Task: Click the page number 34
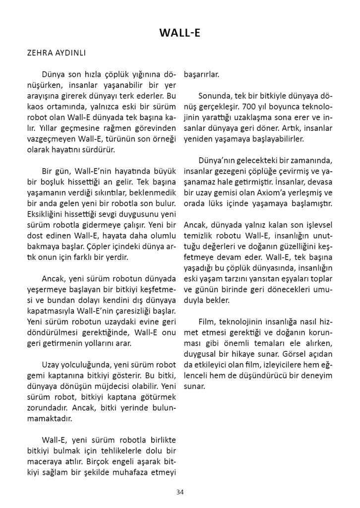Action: [180, 492]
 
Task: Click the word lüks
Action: [228, 203]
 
